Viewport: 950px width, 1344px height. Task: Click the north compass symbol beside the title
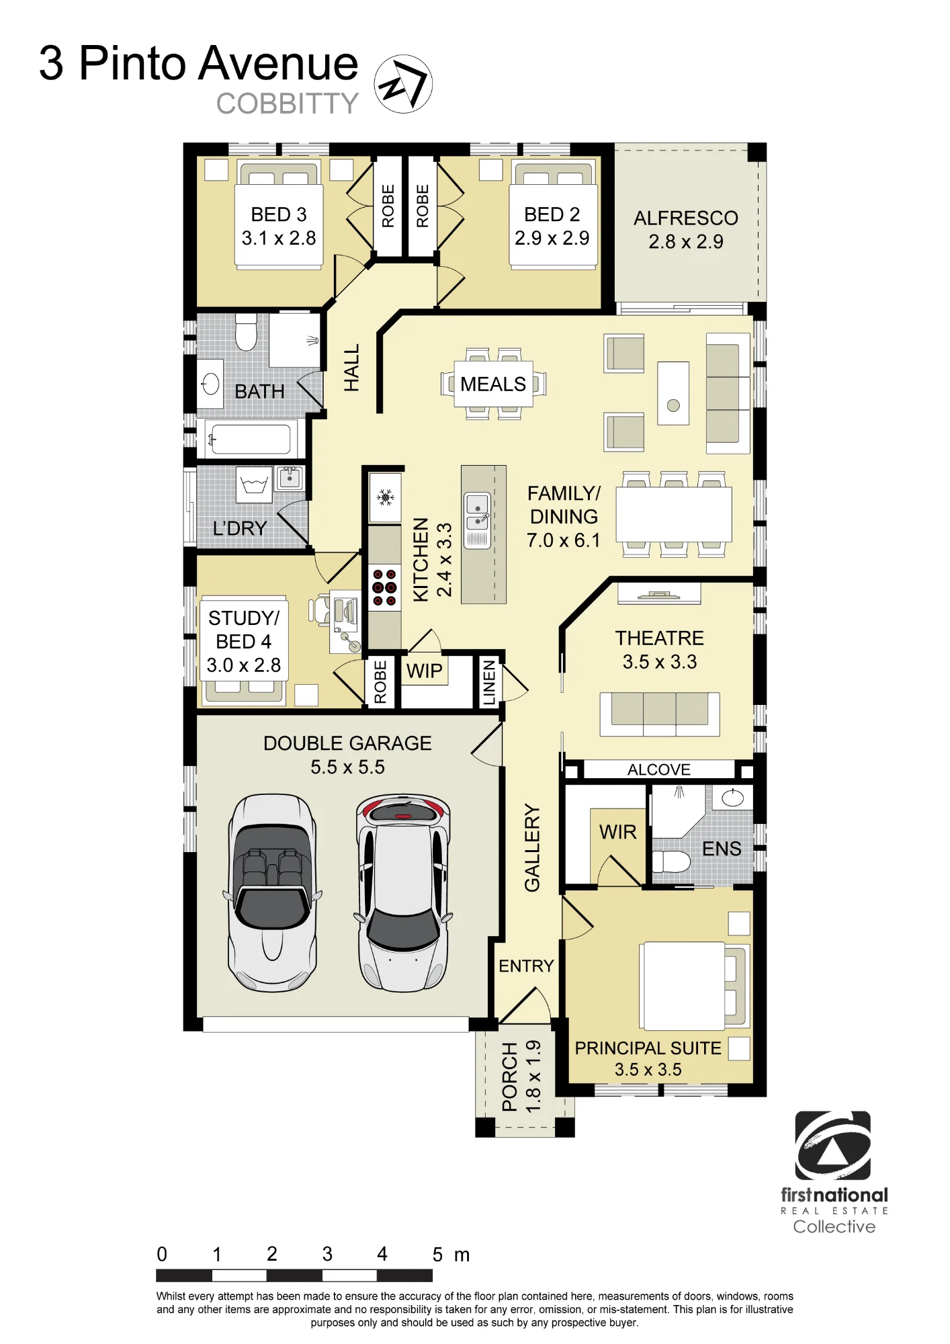(x=403, y=84)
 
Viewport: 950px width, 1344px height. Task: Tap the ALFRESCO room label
(x=686, y=218)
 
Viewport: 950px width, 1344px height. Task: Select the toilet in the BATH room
(x=247, y=332)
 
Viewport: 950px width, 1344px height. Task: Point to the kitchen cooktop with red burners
(x=384, y=587)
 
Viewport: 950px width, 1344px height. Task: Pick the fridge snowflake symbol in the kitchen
(x=385, y=497)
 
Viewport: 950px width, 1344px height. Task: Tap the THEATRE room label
(x=660, y=638)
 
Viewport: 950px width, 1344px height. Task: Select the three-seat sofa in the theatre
(x=660, y=714)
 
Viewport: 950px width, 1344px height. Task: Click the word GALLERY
(x=532, y=848)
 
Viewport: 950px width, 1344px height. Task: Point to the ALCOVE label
(x=659, y=769)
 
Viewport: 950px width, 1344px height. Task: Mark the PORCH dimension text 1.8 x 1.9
(x=533, y=1077)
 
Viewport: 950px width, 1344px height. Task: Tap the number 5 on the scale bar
(x=437, y=1255)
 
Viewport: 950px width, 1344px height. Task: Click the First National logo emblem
(x=833, y=1146)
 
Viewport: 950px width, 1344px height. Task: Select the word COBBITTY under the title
(x=288, y=103)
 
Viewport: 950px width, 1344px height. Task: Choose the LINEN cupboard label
(x=489, y=682)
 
